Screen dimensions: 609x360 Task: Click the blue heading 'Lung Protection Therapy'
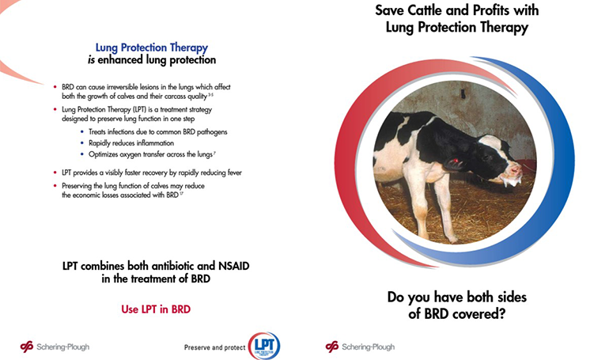pos(152,47)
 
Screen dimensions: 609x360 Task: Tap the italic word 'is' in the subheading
pos(91,60)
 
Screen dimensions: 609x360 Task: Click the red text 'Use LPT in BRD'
pos(156,309)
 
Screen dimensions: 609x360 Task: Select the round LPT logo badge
pos(264,346)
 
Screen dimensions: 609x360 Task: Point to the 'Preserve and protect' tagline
pos(215,347)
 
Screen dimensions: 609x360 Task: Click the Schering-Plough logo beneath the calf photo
pos(360,347)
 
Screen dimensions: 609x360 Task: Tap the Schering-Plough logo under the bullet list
pos(55,347)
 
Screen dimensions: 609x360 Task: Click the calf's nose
pos(516,171)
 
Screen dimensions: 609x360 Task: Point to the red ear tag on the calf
pos(455,161)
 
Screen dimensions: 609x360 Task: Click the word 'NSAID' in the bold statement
pos(234,266)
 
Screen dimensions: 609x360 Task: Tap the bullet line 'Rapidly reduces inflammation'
pos(131,143)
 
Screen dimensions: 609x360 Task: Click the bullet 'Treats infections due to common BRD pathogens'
pos(157,132)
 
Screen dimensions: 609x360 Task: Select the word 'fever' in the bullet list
pos(235,172)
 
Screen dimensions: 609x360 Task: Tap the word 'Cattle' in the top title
pos(422,10)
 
